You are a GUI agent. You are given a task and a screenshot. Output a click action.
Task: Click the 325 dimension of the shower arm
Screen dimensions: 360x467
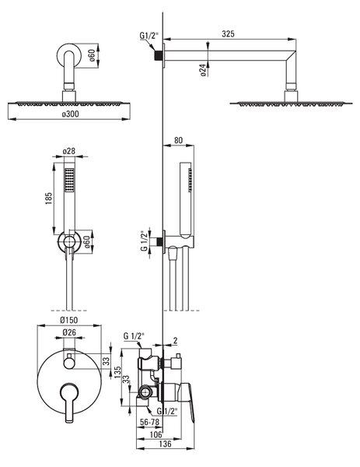tap(228, 33)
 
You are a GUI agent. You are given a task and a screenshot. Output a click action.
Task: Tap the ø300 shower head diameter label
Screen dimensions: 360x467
tap(71, 114)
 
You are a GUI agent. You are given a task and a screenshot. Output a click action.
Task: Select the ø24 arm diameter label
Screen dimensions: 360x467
tap(203, 70)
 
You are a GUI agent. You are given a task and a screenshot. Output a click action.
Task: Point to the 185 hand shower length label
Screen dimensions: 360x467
tap(49, 198)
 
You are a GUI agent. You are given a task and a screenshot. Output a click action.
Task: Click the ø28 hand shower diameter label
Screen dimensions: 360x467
tap(69, 151)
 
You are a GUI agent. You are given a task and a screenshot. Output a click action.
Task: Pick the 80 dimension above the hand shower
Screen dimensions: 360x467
tap(178, 140)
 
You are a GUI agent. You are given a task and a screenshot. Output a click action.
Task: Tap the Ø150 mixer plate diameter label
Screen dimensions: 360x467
tap(68, 320)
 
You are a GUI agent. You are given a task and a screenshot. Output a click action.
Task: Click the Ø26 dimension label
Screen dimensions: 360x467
tap(69, 332)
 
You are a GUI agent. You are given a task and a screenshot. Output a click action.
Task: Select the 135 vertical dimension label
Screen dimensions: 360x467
tap(117, 372)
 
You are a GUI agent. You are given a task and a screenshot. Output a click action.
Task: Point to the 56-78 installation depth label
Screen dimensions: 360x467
tap(149, 422)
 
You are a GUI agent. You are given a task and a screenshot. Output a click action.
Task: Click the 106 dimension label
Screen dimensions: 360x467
tap(156, 434)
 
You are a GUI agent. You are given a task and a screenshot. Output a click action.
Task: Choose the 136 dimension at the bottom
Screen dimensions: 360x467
tap(165, 444)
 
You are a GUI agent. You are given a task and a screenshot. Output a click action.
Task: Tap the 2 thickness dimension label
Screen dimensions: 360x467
tap(175, 340)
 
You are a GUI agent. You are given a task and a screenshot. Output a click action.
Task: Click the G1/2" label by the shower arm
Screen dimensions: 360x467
tap(149, 36)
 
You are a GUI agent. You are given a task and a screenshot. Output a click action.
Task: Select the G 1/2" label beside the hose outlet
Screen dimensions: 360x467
tap(145, 241)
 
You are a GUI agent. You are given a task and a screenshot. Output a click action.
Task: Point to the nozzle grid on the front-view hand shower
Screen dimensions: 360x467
tap(69, 181)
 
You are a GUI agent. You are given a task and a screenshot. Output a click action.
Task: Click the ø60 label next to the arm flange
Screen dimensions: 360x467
tap(92, 55)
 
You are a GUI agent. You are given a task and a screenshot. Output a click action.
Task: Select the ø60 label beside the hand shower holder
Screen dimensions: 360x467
tap(87, 242)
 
